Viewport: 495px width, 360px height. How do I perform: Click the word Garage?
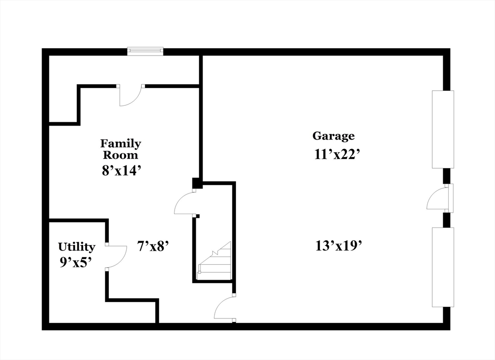click(334, 136)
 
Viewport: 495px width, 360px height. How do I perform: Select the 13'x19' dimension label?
click(338, 245)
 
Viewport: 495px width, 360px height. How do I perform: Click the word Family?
click(121, 144)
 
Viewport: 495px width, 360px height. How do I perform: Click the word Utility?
click(76, 247)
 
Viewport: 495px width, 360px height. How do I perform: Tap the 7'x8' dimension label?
click(153, 246)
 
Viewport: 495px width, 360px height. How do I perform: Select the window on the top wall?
click(145, 51)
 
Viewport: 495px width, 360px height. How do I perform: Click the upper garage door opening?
click(443, 129)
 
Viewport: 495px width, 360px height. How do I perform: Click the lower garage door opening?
click(443, 267)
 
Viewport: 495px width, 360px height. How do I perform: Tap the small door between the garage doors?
click(439, 198)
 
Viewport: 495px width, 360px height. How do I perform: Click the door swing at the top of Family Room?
click(131, 96)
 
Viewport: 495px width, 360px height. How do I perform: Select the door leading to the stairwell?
click(185, 203)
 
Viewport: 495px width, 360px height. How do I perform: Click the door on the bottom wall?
click(225, 309)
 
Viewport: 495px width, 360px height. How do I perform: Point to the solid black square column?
click(197, 183)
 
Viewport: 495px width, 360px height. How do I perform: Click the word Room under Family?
click(121, 156)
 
